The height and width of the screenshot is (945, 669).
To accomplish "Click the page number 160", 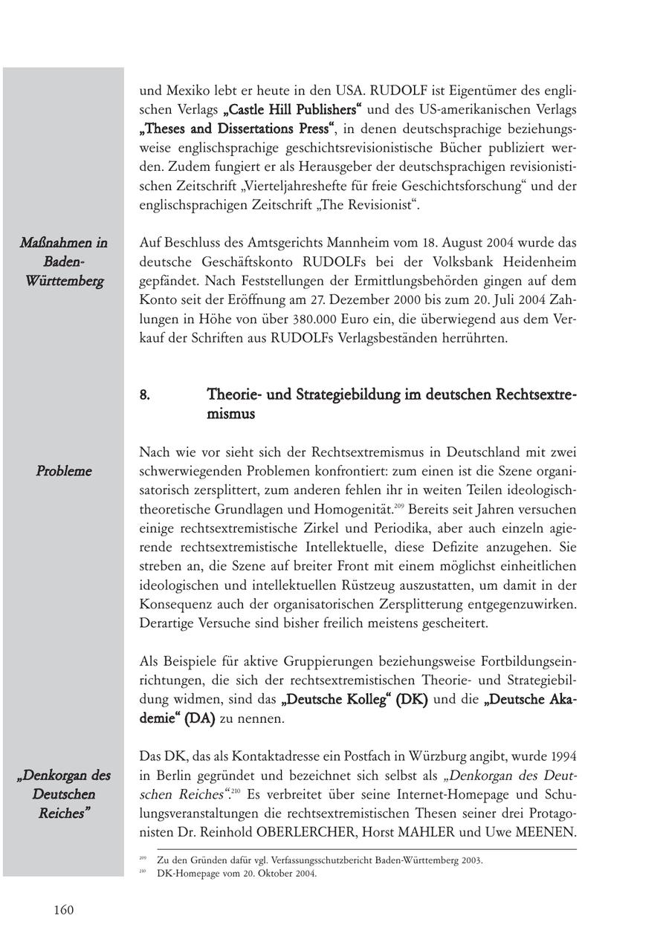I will (64, 910).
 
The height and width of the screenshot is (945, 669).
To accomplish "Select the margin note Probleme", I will (64, 471).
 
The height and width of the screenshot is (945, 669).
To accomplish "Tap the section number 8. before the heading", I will (145, 394).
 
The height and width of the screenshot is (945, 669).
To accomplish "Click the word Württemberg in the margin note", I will (64, 282).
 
